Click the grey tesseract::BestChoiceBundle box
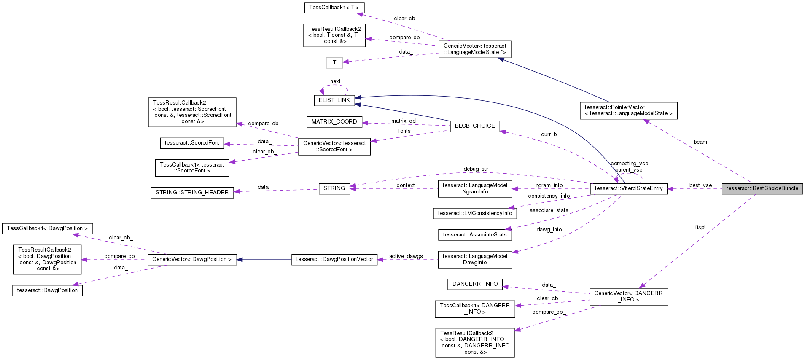pyautogui.click(x=762, y=188)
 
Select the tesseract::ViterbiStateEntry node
pyautogui.click(x=628, y=188)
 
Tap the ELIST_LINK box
pyautogui.click(x=334, y=100)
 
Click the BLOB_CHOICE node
pyautogui.click(x=474, y=126)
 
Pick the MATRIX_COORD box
pyautogui.click(x=334, y=122)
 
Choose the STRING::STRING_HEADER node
pyautogui.click(x=192, y=193)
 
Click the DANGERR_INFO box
pyautogui.click(x=474, y=284)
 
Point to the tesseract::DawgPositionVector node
pyautogui.click(x=334, y=259)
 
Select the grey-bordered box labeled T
pyautogui.click(x=334, y=63)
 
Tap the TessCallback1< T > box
pyautogui.click(x=334, y=8)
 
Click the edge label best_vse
pyautogui.click(x=700, y=185)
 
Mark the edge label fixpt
pyautogui.click(x=700, y=227)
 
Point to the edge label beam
pyautogui.click(x=700, y=142)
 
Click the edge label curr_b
pyautogui.click(x=549, y=134)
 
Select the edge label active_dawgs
pyautogui.click(x=406, y=256)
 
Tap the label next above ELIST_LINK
pyautogui.click(x=335, y=81)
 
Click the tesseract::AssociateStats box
pyautogui.click(x=474, y=235)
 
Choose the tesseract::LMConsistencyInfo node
pyautogui.click(x=474, y=213)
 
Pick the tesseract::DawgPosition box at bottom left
pyautogui.click(x=47, y=290)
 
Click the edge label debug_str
pyautogui.click(x=475, y=169)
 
